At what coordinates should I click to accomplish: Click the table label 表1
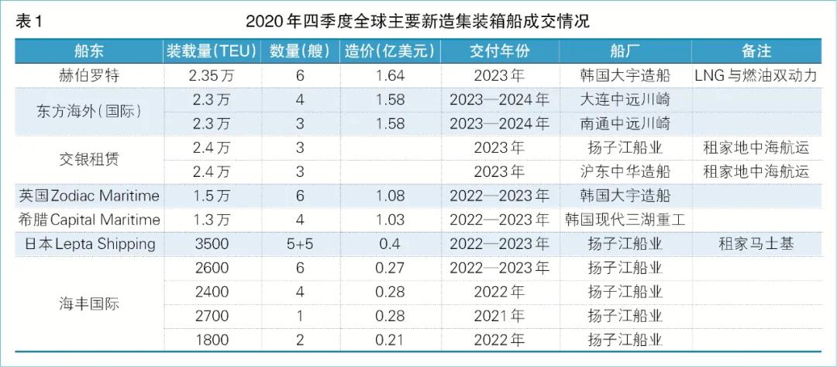[x=29, y=21]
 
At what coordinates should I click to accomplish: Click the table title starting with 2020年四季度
[x=418, y=21]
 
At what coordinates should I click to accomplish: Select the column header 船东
[x=88, y=51]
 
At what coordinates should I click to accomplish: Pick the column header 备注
[x=756, y=51]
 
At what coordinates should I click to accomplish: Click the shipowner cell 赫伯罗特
[x=88, y=76]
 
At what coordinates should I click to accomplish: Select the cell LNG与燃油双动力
[x=756, y=76]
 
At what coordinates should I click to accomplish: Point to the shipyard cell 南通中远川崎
[x=625, y=123]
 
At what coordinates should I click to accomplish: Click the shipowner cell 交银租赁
[x=88, y=159]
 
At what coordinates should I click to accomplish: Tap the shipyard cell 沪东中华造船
[x=625, y=171]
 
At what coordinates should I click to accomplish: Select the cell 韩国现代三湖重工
[x=625, y=220]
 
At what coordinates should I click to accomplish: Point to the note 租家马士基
[x=756, y=244]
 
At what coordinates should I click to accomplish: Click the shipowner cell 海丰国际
[x=88, y=303]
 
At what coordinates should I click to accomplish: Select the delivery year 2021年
[x=499, y=316]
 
